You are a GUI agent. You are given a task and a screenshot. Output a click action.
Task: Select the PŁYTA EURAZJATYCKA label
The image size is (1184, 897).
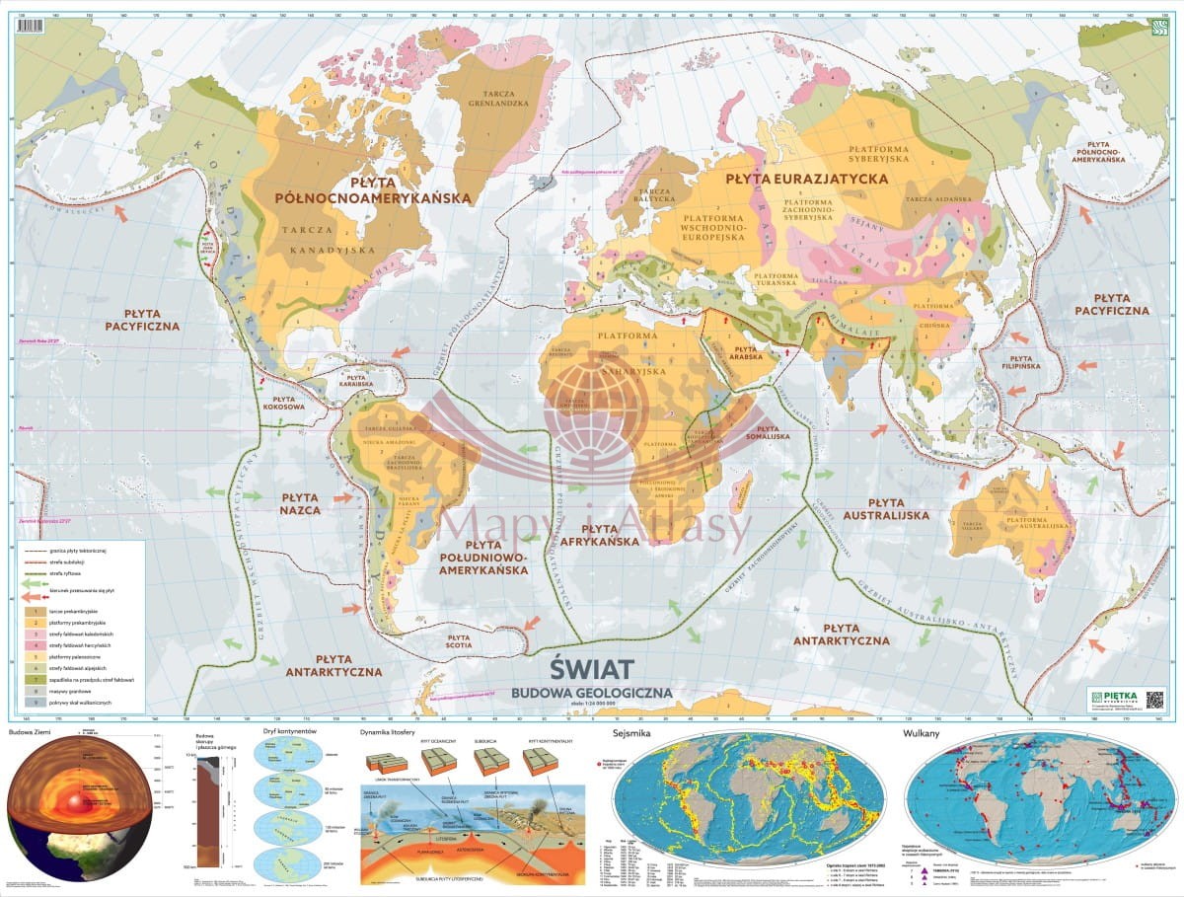coord(806,179)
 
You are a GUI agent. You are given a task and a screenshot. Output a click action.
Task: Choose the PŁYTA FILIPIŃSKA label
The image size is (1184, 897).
coord(1020,366)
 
